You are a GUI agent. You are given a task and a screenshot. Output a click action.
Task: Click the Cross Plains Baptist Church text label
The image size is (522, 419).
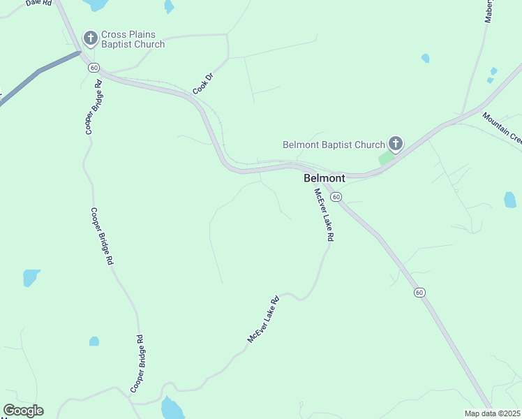(133, 39)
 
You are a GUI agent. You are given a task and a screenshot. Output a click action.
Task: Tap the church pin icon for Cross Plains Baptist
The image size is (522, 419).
(90, 38)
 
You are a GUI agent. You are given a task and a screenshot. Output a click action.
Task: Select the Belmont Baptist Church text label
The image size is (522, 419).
(334, 145)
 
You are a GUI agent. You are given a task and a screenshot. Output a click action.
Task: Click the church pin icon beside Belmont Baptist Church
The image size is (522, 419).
(395, 145)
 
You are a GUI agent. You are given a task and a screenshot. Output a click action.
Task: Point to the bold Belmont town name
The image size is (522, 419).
(325, 179)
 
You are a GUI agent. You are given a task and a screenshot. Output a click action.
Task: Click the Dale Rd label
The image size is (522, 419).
(39, 3)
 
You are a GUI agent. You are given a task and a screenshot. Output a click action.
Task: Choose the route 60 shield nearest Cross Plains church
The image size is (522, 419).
(93, 67)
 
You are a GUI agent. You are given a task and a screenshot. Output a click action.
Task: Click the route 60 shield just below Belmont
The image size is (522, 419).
(336, 198)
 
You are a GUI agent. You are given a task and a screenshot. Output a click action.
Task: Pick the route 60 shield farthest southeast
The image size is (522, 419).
(419, 292)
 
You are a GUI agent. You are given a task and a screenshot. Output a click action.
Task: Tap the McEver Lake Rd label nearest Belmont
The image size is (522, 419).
(324, 215)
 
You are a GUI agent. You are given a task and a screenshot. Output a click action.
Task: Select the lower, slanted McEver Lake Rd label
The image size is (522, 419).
(263, 319)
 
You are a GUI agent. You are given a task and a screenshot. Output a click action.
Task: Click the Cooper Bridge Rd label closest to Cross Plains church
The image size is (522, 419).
(94, 107)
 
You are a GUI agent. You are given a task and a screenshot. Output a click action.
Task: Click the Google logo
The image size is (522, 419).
(23, 411)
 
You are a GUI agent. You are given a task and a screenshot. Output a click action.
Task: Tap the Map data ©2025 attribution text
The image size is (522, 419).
(492, 413)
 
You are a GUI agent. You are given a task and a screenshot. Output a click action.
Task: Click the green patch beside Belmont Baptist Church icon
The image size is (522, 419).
(385, 159)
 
